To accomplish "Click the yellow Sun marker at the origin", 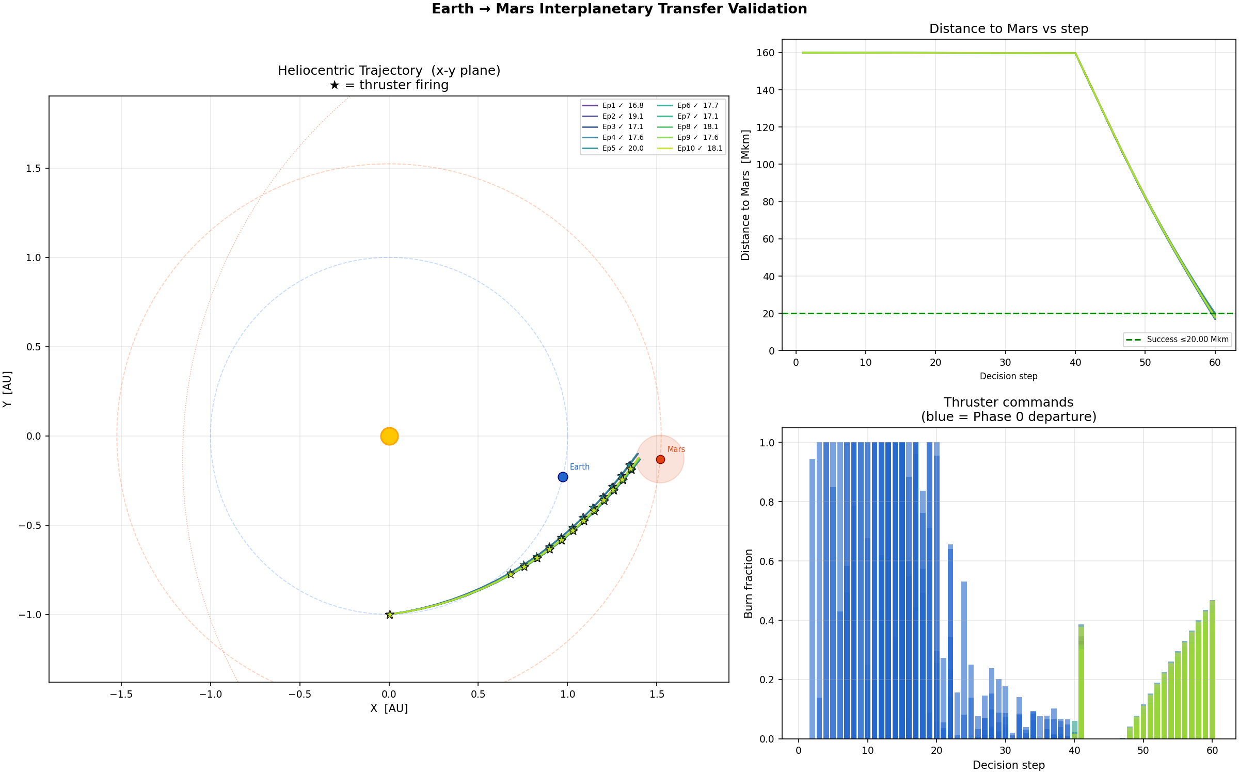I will pos(389,436).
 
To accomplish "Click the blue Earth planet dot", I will pos(563,477).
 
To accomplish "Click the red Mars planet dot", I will pos(660,459).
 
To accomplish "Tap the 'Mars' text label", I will pos(676,449).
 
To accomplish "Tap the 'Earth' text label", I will pos(579,466).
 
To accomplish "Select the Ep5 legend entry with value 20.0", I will pos(613,148).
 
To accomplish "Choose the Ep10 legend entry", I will pos(690,148).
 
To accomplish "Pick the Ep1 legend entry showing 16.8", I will pos(613,105).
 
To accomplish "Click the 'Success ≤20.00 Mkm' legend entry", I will pos(1178,340).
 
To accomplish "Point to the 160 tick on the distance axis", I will pos(765,53).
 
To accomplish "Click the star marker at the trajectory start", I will pos(390,614).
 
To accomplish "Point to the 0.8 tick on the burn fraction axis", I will pos(767,502).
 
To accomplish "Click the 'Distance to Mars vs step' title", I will pos(1008,29).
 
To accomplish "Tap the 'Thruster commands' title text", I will pos(1008,402).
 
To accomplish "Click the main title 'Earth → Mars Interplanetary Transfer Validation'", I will pos(619,9).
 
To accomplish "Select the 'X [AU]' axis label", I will pos(389,708).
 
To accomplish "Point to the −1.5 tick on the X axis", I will pos(121,694).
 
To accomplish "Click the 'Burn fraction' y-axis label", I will pos(749,583).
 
